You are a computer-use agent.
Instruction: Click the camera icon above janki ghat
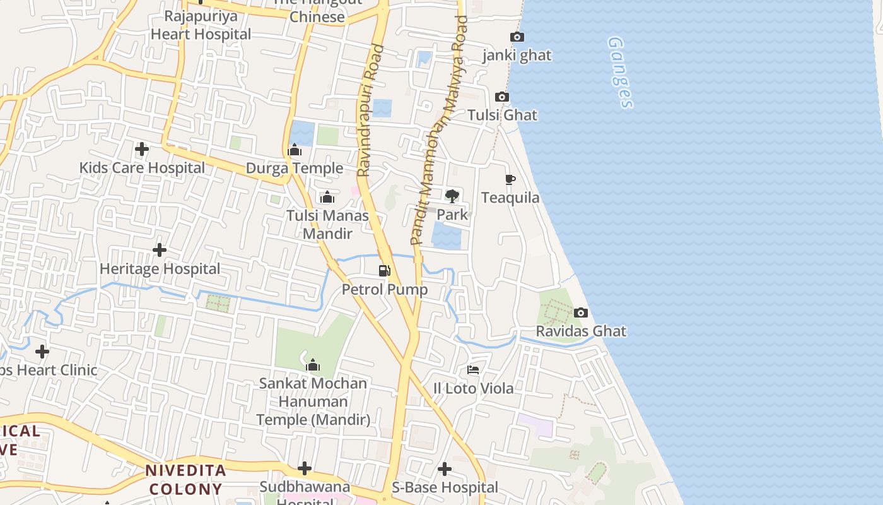coord(517,37)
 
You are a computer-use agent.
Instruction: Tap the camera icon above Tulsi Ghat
coord(502,97)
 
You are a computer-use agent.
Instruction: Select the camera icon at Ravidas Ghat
coord(581,312)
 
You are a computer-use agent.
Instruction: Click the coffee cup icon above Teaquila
coord(510,180)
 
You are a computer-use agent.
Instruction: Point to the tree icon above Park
coord(452,196)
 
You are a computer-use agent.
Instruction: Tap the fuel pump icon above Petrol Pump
coord(384,271)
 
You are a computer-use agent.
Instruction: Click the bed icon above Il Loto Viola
coord(473,370)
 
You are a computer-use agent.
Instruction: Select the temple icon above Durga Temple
coord(295,150)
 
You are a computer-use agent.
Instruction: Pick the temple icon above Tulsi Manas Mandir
coord(327,198)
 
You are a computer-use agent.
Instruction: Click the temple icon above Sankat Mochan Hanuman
coord(313,365)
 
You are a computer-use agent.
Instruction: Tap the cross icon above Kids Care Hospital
coord(142,150)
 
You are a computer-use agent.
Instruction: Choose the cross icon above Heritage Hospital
coord(160,250)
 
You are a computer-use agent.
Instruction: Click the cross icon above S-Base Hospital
coord(445,469)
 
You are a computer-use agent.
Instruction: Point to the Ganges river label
coord(620,72)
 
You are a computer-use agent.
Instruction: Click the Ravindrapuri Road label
coord(370,110)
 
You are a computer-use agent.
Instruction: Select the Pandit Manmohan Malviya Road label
coord(439,130)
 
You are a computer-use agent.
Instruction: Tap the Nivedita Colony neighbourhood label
coord(186,480)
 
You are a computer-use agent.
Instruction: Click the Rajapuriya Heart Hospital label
coord(201,25)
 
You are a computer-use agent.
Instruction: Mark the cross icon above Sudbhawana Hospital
coord(305,468)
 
